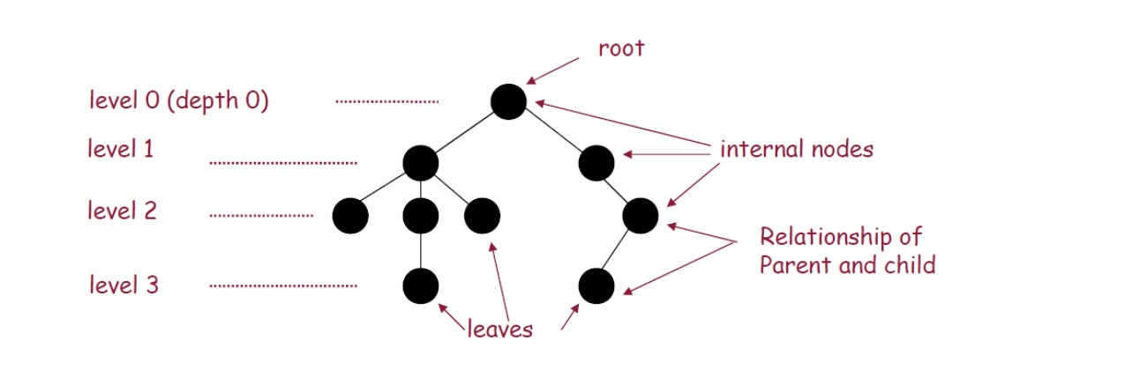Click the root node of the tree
[508, 101]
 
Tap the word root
[621, 48]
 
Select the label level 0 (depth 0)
[178, 100]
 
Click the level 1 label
[121, 149]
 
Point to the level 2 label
[122, 211]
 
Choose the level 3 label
[124, 285]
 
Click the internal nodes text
[797, 149]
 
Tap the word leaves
[500, 329]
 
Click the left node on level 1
[420, 163]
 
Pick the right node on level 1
[596, 163]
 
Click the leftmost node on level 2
[350, 216]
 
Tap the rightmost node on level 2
[641, 214]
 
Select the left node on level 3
[420, 285]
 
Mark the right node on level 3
[596, 285]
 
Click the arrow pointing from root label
[553, 70]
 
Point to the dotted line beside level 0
[386, 102]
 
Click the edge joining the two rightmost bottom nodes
[619, 250]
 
